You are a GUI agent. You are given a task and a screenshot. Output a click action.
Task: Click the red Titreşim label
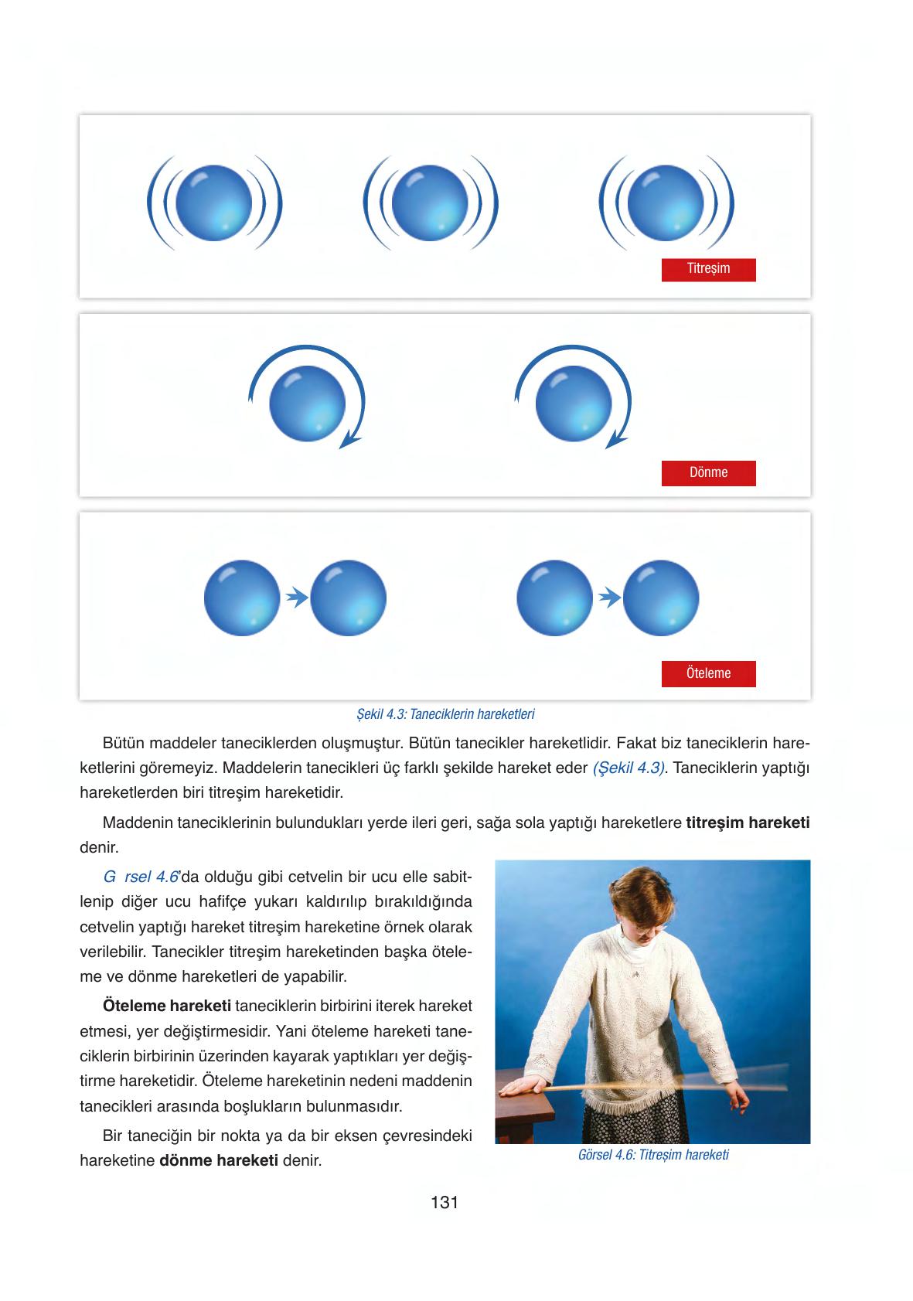708,269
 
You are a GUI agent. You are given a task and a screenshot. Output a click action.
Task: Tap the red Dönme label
708,472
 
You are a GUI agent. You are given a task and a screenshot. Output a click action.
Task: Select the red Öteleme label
708,673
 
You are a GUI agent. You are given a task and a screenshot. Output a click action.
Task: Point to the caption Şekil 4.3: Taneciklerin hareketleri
445,714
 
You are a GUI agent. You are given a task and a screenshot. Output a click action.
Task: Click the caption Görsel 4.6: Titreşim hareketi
653,1155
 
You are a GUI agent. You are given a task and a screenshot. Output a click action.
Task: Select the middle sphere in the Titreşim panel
429,203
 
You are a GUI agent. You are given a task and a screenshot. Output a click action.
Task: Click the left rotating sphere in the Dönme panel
307,404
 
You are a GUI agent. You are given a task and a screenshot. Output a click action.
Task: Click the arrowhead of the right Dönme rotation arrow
615,441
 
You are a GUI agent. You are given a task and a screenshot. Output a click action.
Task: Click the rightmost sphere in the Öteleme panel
661,598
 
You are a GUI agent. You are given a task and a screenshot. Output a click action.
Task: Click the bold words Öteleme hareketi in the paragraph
166,1006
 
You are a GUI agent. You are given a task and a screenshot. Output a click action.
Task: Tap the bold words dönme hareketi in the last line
219,1161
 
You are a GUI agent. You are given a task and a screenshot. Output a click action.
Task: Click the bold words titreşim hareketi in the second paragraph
748,822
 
